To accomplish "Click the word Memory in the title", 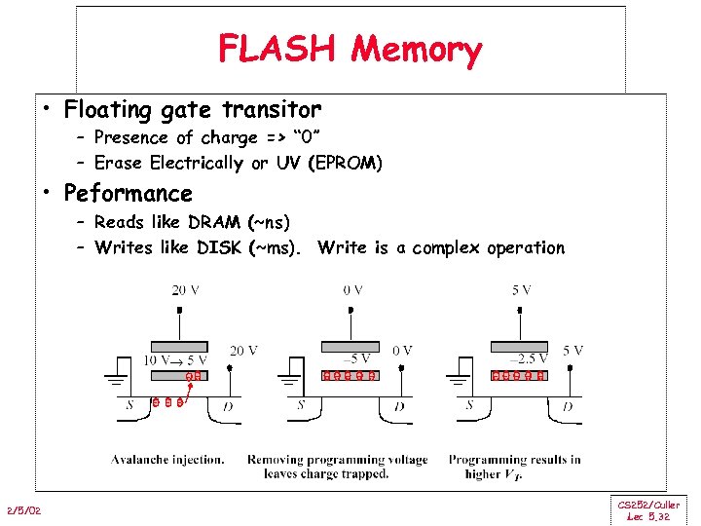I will coord(417,50).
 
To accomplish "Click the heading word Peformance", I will coord(129,193).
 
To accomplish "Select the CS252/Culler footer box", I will coord(648,510).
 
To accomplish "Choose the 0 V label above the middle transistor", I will coord(352,289).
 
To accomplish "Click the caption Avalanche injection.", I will coord(167,460).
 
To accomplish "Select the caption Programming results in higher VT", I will coord(514,467).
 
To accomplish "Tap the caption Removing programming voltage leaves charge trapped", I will coord(337,467).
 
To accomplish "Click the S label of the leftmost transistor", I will coord(129,405).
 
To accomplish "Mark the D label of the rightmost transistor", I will coord(567,405).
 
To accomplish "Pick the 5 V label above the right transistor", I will coord(521,289).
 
